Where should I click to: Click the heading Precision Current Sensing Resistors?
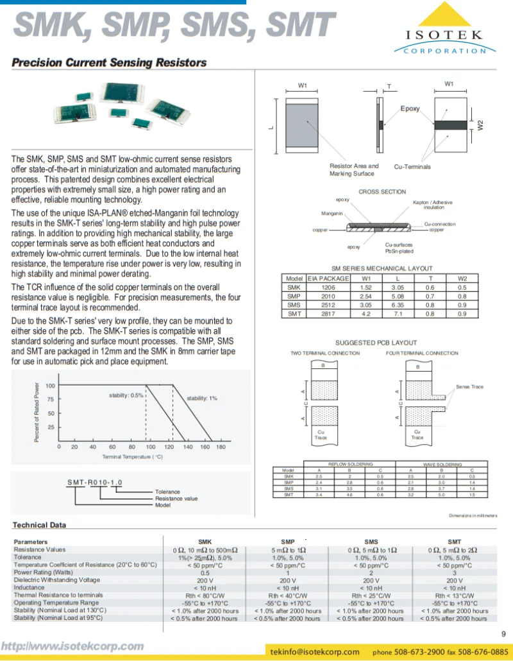click(109, 63)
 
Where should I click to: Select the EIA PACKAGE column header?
click(328, 279)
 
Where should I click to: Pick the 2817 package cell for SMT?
click(328, 314)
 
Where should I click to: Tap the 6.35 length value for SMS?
click(398, 305)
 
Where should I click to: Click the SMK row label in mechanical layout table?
click(294, 288)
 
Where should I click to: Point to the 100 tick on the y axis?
click(50, 386)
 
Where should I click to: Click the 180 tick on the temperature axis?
click(221, 447)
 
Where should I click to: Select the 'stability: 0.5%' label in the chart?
click(126, 395)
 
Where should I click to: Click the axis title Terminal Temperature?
click(133, 456)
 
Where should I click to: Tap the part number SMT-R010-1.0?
click(95, 483)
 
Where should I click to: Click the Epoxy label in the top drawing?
click(410, 108)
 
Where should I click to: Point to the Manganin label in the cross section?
click(332, 213)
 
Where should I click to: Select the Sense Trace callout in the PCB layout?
click(469, 387)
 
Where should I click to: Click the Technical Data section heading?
click(39, 525)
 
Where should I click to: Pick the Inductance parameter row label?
click(29, 587)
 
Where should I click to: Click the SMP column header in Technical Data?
click(288, 542)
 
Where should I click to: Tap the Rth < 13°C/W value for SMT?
click(454, 596)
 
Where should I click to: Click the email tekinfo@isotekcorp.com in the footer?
click(315, 651)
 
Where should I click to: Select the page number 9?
click(503, 635)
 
